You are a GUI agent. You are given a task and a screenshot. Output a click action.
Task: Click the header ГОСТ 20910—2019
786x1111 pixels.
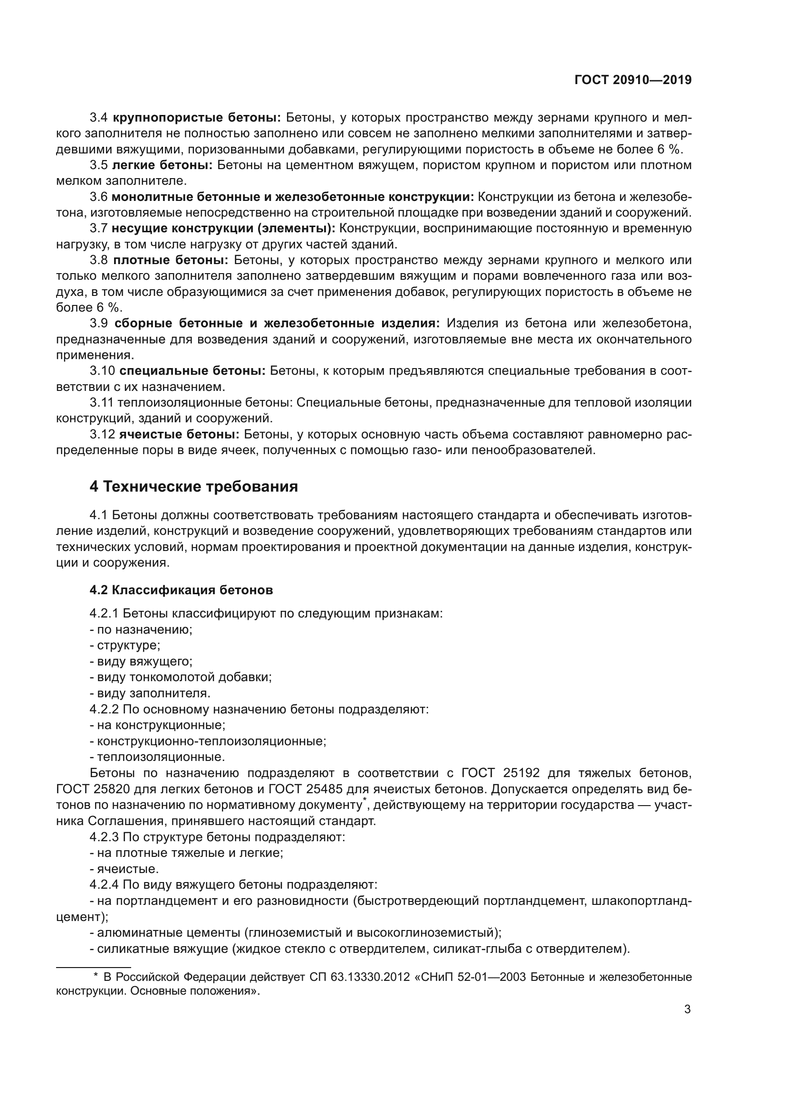coord(633,80)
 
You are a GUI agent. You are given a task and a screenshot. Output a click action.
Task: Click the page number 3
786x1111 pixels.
coord(687,1009)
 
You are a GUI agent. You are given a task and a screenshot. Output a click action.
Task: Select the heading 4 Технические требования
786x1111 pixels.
coord(193,486)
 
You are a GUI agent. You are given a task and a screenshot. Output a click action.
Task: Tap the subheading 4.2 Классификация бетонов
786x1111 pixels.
coord(181,590)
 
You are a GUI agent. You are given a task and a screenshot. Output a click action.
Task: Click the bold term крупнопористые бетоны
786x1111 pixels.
coord(197,118)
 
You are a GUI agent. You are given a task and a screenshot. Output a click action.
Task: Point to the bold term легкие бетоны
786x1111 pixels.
coord(162,165)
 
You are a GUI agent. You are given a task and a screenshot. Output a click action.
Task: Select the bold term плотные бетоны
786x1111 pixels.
coord(171,260)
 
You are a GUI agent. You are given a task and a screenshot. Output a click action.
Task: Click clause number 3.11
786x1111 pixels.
coord(102,403)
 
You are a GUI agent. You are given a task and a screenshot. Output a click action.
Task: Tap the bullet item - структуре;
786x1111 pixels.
coord(125,645)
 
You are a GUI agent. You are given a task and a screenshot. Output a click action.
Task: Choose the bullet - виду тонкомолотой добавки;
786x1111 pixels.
coord(181,677)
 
